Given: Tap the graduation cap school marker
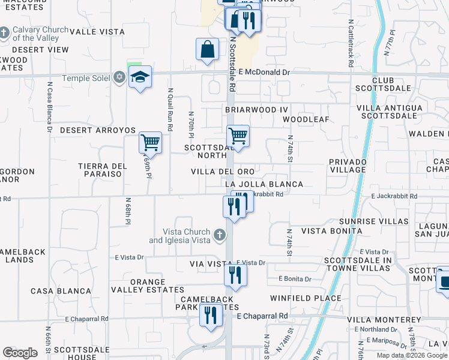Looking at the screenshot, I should (140, 77).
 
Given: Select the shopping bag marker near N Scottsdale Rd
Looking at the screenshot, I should (207, 50).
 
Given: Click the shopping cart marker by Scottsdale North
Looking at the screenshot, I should (238, 136).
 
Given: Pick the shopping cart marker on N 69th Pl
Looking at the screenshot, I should (150, 143).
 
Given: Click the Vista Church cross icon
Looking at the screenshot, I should (220, 233).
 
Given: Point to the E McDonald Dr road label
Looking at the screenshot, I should (264, 72).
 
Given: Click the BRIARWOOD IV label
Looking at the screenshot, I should (257, 110).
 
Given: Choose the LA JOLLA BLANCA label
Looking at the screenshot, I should (264, 184).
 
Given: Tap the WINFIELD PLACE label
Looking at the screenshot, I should (306, 298).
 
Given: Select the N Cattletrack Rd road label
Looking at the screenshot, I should (351, 41).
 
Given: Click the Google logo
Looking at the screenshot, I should (20, 353).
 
